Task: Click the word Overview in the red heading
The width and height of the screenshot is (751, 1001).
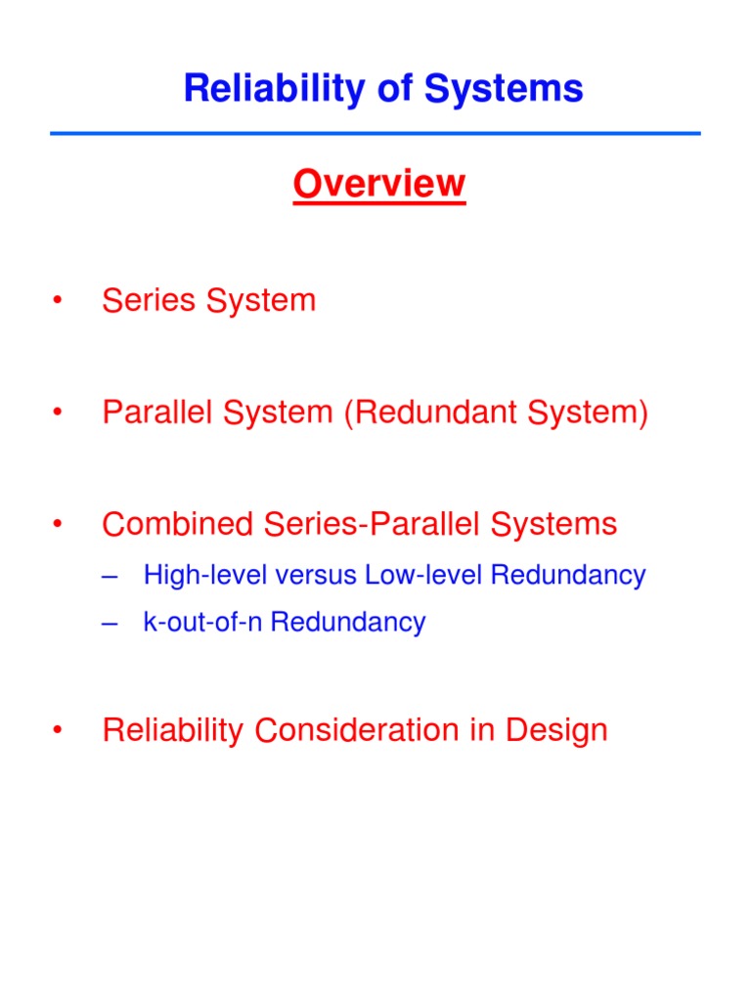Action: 379,184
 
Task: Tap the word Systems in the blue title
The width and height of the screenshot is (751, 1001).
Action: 512,90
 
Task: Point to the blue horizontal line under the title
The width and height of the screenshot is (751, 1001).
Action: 375,133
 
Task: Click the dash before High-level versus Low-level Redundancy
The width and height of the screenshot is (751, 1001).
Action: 110,576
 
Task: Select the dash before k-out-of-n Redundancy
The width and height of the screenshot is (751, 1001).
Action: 110,623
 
